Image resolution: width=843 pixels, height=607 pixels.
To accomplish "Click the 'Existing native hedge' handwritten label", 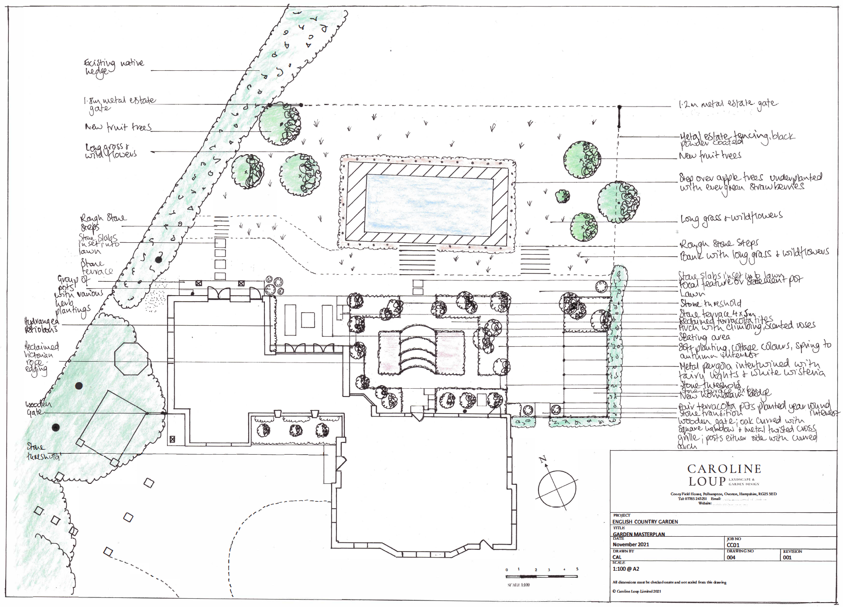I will point(113,68).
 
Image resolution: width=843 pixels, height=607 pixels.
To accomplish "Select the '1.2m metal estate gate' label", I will point(728,104).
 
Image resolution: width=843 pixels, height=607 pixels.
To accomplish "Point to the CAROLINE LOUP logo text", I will point(724,475).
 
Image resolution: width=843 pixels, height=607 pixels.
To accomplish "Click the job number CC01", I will point(733,545).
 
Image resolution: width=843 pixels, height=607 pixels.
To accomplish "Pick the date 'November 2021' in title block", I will point(631,545).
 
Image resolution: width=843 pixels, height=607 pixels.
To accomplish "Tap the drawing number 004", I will point(731,558).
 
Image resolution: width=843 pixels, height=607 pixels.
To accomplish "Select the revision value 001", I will point(787,558).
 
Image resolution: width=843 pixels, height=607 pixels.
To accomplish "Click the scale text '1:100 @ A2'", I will point(626,569).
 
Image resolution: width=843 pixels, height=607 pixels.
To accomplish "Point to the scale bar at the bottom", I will point(541,576).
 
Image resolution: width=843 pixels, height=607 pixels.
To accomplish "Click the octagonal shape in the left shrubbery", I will point(131,359).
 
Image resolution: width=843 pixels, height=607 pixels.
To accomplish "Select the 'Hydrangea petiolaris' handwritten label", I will point(41,325).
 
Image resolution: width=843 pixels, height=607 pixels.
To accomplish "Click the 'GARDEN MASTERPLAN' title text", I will point(639,534).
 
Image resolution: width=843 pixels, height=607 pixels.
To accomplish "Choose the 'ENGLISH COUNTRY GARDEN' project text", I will point(645,522).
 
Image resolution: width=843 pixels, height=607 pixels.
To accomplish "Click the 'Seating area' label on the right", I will point(704,337).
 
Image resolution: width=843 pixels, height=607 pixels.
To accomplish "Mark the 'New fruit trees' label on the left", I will point(118,127).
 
